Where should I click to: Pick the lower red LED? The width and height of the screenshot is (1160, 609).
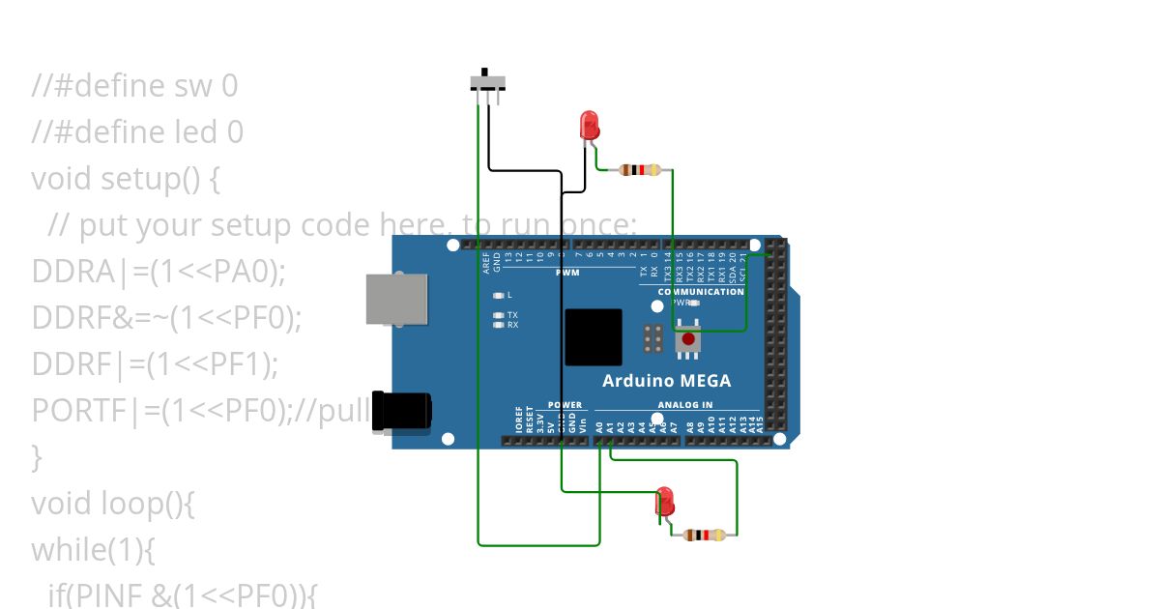(x=665, y=501)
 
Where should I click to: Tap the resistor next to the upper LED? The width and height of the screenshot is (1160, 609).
(x=639, y=170)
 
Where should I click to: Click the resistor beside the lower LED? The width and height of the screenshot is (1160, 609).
(x=704, y=535)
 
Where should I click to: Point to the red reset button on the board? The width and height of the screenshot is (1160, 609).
(x=688, y=339)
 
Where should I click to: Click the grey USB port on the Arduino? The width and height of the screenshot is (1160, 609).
(x=396, y=299)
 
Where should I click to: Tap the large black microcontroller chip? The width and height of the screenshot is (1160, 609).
(x=593, y=337)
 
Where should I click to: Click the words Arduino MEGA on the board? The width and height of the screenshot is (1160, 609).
(x=666, y=380)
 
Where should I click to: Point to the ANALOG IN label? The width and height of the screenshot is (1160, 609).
(x=685, y=405)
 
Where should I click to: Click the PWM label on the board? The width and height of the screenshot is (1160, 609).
(x=566, y=273)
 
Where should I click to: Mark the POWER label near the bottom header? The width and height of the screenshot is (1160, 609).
(x=565, y=405)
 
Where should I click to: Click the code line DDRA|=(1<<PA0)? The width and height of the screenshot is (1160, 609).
(x=159, y=272)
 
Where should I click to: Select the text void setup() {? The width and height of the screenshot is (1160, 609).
(x=127, y=179)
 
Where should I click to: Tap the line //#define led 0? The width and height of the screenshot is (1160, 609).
(x=137, y=132)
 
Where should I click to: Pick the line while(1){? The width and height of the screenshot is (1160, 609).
(x=93, y=550)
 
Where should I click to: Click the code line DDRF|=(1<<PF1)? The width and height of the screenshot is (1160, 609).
(x=155, y=364)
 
